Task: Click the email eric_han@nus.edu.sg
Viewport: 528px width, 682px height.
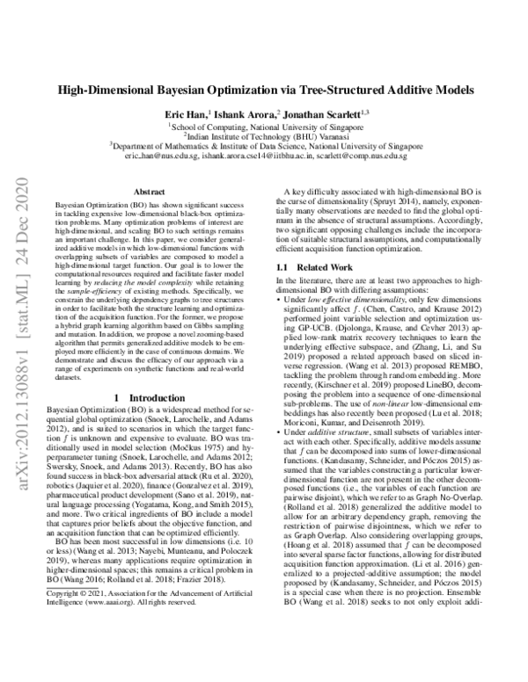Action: [x=163, y=156]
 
